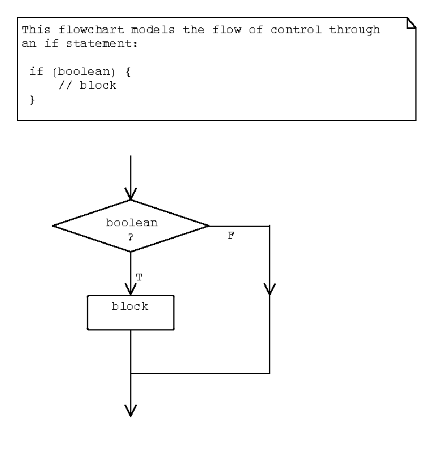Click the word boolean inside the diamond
132,223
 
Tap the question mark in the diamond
131,237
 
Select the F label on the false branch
231,236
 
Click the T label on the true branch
139,278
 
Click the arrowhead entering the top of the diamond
131,194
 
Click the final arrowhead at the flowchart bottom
131,411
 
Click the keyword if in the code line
36,72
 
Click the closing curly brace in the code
33,100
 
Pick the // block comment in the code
87,86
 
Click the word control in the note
296,30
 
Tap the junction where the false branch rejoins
131,373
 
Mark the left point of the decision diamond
54,226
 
